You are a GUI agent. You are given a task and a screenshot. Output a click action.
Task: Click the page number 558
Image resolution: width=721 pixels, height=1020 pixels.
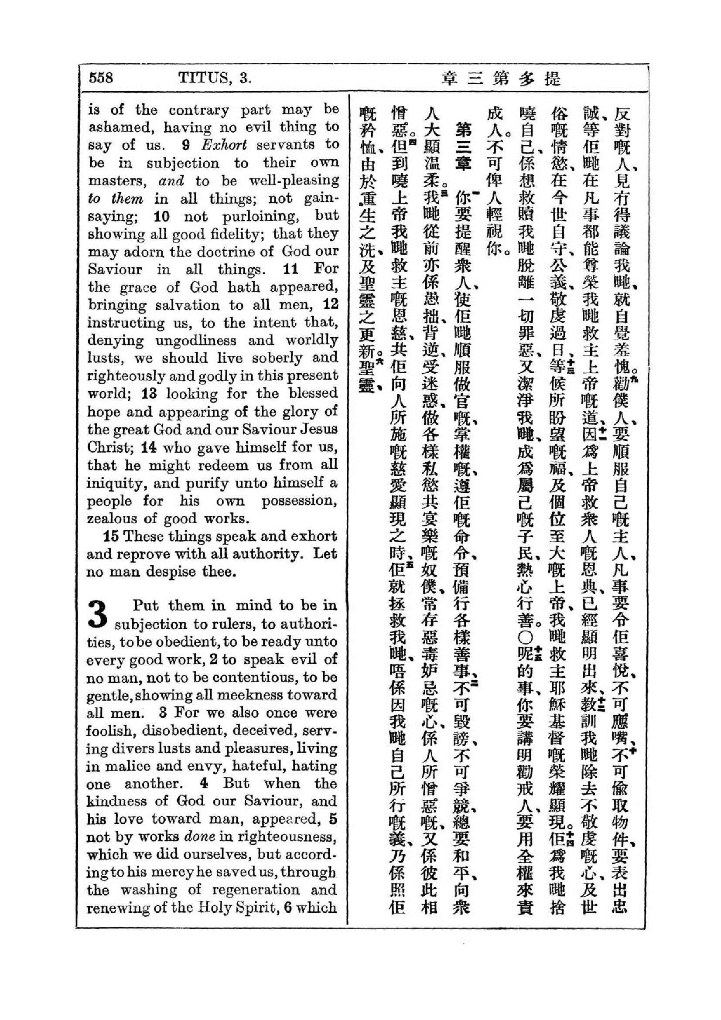(x=101, y=78)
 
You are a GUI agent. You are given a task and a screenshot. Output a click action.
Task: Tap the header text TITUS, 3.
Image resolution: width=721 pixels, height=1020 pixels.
(x=215, y=78)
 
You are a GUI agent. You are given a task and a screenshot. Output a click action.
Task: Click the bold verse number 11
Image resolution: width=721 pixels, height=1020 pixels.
(x=291, y=269)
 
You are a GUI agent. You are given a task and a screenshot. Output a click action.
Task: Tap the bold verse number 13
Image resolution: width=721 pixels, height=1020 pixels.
(x=151, y=394)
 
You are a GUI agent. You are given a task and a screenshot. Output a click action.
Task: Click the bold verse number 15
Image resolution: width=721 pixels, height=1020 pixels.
(x=111, y=536)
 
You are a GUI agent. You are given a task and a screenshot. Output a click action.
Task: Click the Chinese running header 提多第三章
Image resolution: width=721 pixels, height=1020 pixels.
(x=501, y=78)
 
